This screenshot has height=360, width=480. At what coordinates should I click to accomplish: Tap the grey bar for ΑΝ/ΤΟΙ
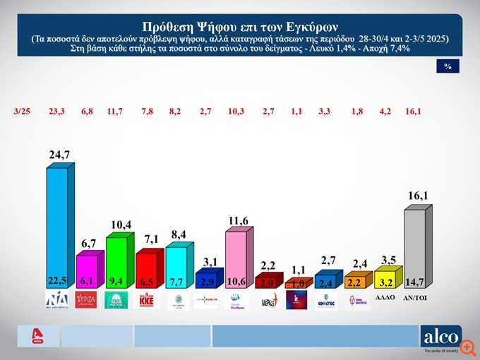point(415,251)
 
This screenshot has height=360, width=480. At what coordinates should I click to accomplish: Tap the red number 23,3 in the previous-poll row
point(57,111)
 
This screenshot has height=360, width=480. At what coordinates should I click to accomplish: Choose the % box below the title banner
point(448,66)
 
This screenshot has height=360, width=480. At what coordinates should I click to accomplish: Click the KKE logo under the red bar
point(146,301)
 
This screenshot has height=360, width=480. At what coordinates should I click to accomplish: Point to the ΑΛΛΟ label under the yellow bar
point(384,299)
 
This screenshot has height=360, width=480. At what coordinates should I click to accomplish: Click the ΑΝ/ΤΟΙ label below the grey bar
point(415,299)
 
